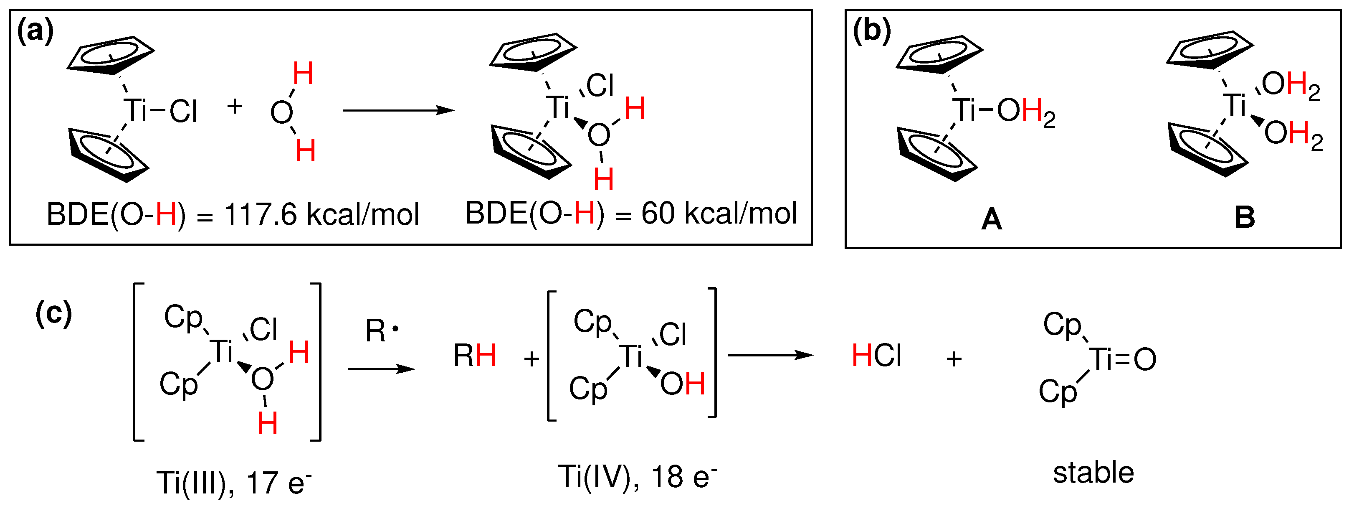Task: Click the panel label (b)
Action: tap(871, 31)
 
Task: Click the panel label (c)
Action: tap(53, 314)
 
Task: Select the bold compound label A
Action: tap(991, 219)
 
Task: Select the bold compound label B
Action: tap(1245, 217)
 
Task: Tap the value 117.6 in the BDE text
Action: tap(260, 215)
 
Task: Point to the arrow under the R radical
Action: tap(381, 369)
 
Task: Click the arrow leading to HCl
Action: tap(771, 355)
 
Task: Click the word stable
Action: tap(1093, 473)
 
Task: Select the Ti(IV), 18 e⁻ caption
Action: tap(637, 477)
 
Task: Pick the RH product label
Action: tap(474, 356)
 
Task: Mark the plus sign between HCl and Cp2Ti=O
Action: tap(954, 359)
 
